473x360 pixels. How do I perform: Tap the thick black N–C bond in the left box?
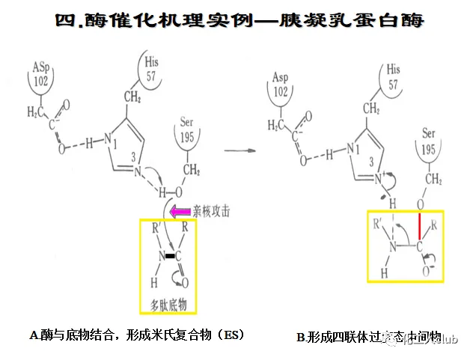click(x=169, y=257)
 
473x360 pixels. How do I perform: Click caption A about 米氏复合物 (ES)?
click(x=136, y=335)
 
